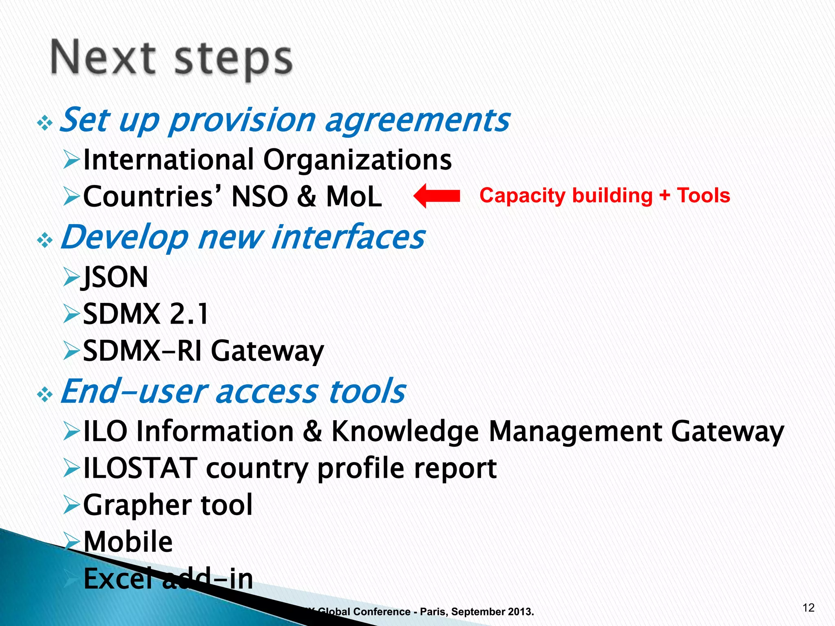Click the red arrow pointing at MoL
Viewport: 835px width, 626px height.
pyautogui.click(x=436, y=196)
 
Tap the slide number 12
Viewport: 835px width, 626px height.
pyautogui.click(x=808, y=608)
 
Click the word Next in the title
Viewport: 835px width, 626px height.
pyautogui.click(x=103, y=58)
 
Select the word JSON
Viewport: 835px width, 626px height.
pyautogui.click(x=115, y=277)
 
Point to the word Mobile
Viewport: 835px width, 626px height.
pyautogui.click(x=128, y=542)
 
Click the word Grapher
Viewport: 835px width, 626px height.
pyautogui.click(x=136, y=505)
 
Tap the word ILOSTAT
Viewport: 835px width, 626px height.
pyautogui.click(x=140, y=468)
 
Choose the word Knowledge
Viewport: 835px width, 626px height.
pyautogui.click(x=404, y=431)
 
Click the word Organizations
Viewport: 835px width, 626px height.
pyautogui.click(x=357, y=159)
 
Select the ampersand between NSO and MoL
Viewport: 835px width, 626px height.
pyautogui.click(x=307, y=196)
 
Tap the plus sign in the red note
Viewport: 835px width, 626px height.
pyautogui.click(x=665, y=196)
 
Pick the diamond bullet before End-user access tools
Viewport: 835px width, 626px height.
pyautogui.click(x=45, y=395)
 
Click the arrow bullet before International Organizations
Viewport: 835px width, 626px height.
pyautogui.click(x=71, y=160)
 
